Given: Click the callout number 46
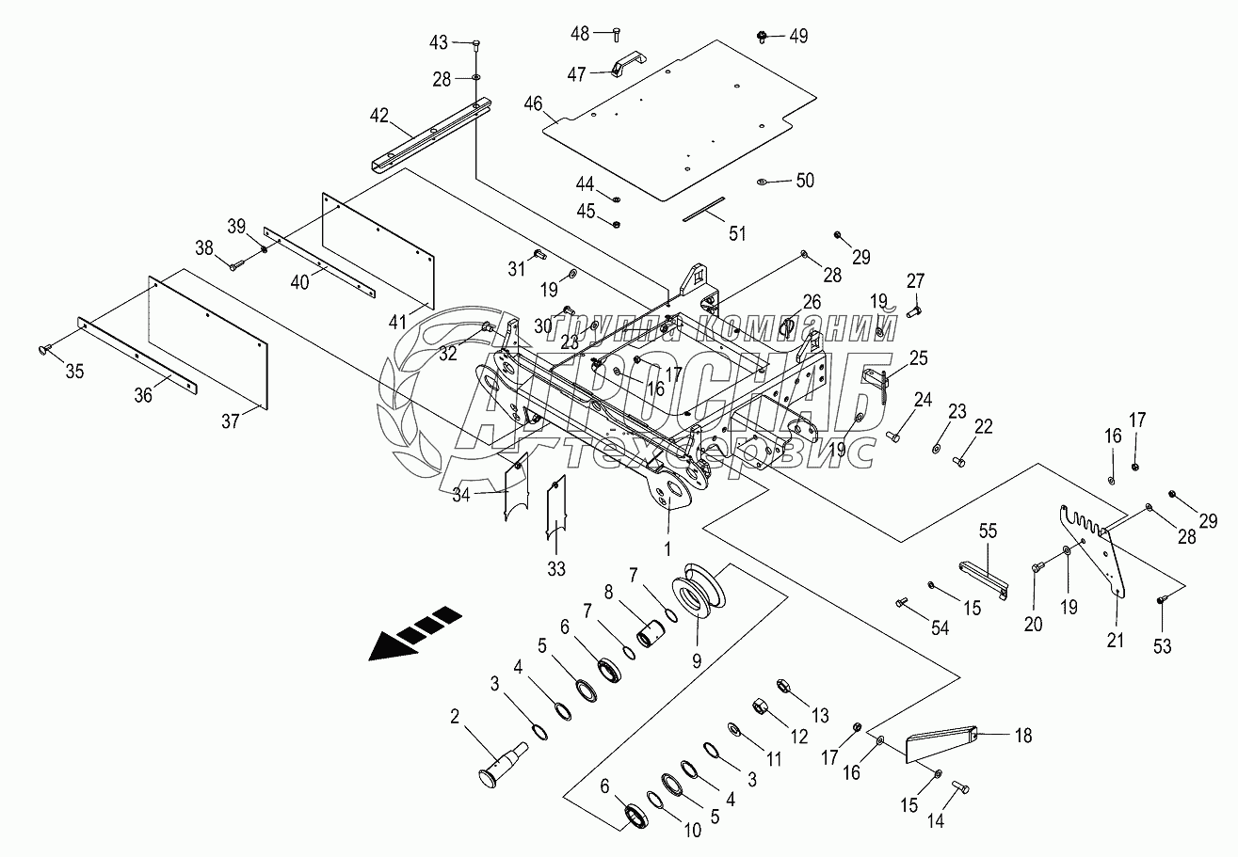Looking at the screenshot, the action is [x=534, y=103].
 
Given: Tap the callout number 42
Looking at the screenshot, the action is [x=379, y=116].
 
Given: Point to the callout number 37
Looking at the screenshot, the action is [x=231, y=421].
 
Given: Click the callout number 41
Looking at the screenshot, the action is [x=397, y=322].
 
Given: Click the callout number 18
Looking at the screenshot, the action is [x=1023, y=736].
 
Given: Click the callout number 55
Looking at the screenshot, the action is [x=988, y=532].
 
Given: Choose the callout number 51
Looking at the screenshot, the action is [x=737, y=233].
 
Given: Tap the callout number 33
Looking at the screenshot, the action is [x=556, y=569].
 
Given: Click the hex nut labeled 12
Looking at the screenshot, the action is [x=761, y=706].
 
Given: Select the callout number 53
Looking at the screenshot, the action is [x=1163, y=646].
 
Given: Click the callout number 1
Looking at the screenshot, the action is [x=667, y=548].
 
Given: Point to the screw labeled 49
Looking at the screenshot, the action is [x=763, y=37].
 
